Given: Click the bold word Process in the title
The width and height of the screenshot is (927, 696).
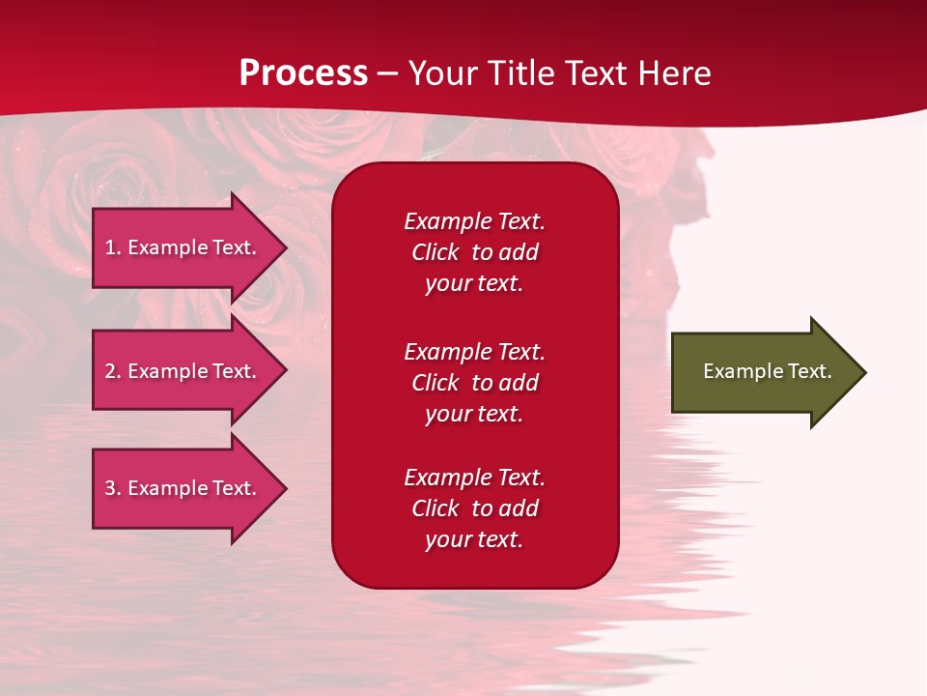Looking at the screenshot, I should coord(303,73).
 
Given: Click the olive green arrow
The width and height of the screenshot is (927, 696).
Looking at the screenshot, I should coord(763,372).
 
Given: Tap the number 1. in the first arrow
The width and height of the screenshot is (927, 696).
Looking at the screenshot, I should coord(113,247).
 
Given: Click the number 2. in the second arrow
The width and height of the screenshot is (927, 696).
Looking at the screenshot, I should coord(113,371).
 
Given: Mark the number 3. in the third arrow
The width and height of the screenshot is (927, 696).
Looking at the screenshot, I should coord(113,488).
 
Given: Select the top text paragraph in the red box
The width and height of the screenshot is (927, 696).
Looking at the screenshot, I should coord(474,252).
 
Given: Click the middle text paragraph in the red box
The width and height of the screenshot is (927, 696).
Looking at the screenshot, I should coord(474,383).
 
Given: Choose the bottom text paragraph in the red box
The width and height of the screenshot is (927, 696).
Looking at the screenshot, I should coord(474,508).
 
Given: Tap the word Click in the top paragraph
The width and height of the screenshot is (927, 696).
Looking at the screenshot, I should coord(435,252).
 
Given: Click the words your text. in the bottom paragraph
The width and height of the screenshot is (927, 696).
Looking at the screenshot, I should coord(474,539).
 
